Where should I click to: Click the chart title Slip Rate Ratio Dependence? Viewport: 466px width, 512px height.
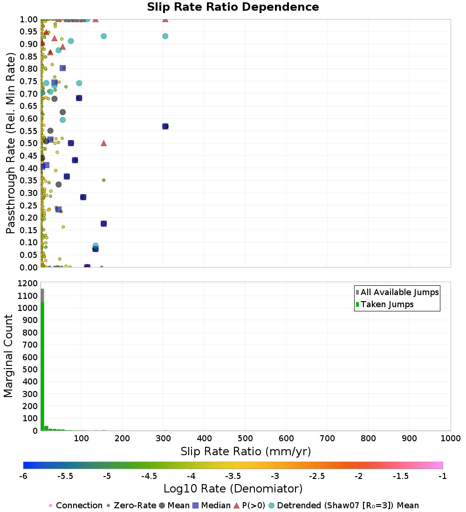pyautogui.click(x=233, y=7)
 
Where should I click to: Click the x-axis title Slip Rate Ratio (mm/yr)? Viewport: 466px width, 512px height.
pyautogui.click(x=246, y=451)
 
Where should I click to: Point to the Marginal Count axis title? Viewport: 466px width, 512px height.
pyautogui.click(x=9, y=356)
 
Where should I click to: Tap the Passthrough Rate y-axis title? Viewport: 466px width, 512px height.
pyautogui.click(x=11, y=143)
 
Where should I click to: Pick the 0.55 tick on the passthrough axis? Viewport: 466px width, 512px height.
pyautogui.click(x=29, y=131)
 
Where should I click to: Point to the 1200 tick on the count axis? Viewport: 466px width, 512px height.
pyautogui.click(x=27, y=283)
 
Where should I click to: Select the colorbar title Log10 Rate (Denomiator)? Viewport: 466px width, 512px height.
pyautogui.click(x=233, y=489)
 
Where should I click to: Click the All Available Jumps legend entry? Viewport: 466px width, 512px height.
pyautogui.click(x=399, y=292)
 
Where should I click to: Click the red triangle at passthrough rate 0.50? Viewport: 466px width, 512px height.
pyautogui.click(x=103, y=143)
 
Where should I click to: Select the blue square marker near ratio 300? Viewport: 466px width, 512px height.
pyautogui.click(x=165, y=126)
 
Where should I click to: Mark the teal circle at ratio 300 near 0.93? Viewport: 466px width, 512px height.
pyautogui.click(x=165, y=36)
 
